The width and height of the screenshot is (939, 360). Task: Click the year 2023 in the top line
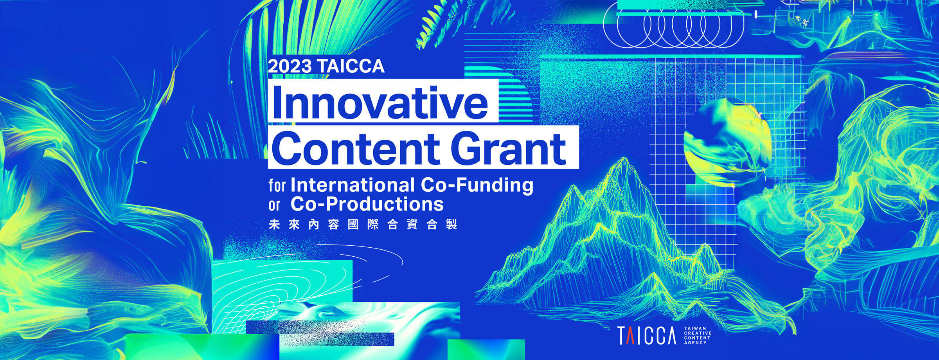[290, 67]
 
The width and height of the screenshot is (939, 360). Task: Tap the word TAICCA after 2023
[351, 67]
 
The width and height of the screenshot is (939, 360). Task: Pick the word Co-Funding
[477, 185]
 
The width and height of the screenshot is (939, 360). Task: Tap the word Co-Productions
[367, 204]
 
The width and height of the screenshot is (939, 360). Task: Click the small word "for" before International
[277, 185]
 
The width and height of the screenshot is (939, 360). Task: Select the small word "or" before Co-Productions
[274, 205]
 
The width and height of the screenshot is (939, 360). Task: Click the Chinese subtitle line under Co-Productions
[363, 225]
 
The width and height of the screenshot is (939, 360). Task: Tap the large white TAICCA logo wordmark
[647, 335]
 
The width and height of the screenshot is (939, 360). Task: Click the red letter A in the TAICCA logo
[630, 335]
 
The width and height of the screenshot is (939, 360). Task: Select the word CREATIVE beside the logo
[698, 333]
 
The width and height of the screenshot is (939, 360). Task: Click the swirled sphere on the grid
[727, 141]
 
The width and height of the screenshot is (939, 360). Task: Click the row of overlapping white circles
[673, 27]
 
